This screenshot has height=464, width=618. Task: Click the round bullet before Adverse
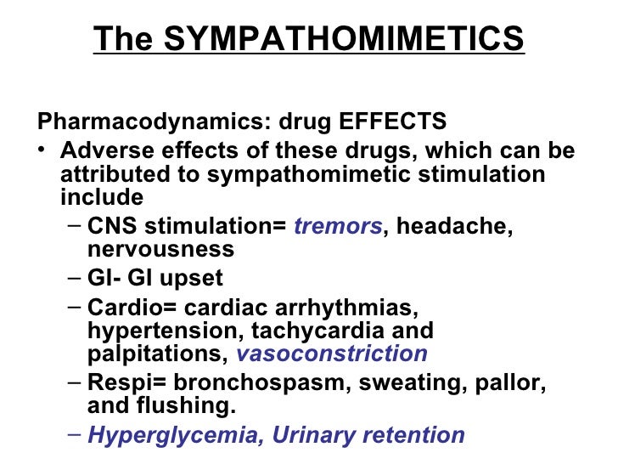point(43,152)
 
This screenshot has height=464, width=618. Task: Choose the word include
point(102,198)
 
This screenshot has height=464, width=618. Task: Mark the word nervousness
point(160,250)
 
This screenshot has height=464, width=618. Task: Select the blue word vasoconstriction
point(332,354)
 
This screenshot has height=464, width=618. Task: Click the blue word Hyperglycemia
point(164,435)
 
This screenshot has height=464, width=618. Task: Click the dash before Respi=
point(73,382)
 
